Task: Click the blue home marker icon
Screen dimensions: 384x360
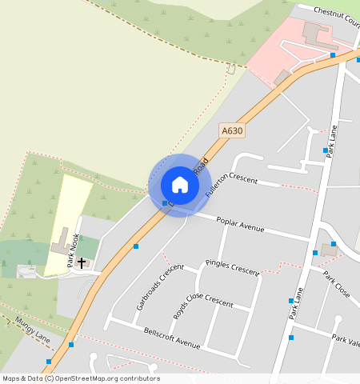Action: pyautogui.click(x=180, y=185)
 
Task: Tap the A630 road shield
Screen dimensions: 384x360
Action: pyautogui.click(x=232, y=130)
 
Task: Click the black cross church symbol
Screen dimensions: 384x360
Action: pyautogui.click(x=82, y=262)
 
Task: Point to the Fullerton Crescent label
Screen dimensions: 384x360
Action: pyautogui.click(x=231, y=185)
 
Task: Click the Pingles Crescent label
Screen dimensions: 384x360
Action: pyautogui.click(x=232, y=266)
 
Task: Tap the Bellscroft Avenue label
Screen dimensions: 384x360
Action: pyautogui.click(x=171, y=338)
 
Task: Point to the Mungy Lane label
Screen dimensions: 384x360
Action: pyautogui.click(x=32, y=330)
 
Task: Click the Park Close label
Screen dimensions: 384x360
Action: pyautogui.click(x=337, y=285)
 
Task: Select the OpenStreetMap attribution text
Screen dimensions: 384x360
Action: pyautogui.click(x=81, y=378)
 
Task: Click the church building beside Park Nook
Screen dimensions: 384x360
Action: pyautogui.click(x=60, y=242)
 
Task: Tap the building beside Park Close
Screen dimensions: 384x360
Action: pyautogui.click(x=329, y=249)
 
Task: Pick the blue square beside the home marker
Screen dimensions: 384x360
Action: pyautogui.click(x=165, y=204)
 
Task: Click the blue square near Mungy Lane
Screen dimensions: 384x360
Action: pyautogui.click(x=71, y=345)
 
